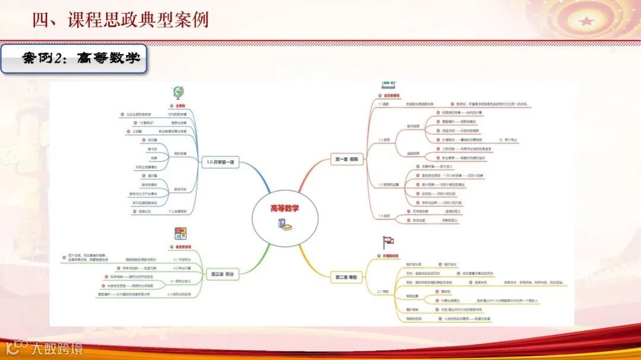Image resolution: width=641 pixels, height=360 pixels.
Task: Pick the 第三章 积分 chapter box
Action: [222, 275]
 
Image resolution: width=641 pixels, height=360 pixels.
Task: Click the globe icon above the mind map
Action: [177, 92]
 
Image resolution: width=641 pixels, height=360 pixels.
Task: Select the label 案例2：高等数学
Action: [74, 59]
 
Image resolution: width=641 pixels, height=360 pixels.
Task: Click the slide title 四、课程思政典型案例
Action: [120, 20]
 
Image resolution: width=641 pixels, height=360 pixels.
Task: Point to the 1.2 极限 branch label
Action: [383, 140]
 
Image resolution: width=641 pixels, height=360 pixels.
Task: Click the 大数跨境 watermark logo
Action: [44, 348]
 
